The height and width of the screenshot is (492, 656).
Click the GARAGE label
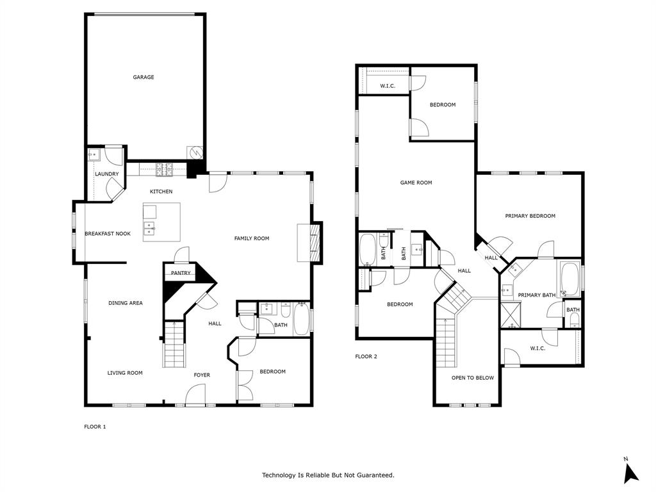point(143,78)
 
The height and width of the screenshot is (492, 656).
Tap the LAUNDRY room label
point(106,174)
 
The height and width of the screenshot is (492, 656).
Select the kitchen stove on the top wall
point(164,170)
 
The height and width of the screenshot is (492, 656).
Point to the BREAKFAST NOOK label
point(108,234)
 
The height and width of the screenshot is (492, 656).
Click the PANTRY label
point(181,273)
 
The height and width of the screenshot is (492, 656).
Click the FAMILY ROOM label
point(251,238)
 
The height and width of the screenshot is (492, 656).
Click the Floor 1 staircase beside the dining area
point(174,346)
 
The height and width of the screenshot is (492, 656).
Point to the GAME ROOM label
point(416,183)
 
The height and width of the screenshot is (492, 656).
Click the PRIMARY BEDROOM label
point(530,216)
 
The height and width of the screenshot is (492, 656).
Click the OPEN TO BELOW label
point(472,378)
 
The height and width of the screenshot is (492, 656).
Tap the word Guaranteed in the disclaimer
point(375,475)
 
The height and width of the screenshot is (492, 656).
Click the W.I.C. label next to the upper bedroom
point(388,86)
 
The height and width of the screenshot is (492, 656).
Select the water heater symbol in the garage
point(195,154)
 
